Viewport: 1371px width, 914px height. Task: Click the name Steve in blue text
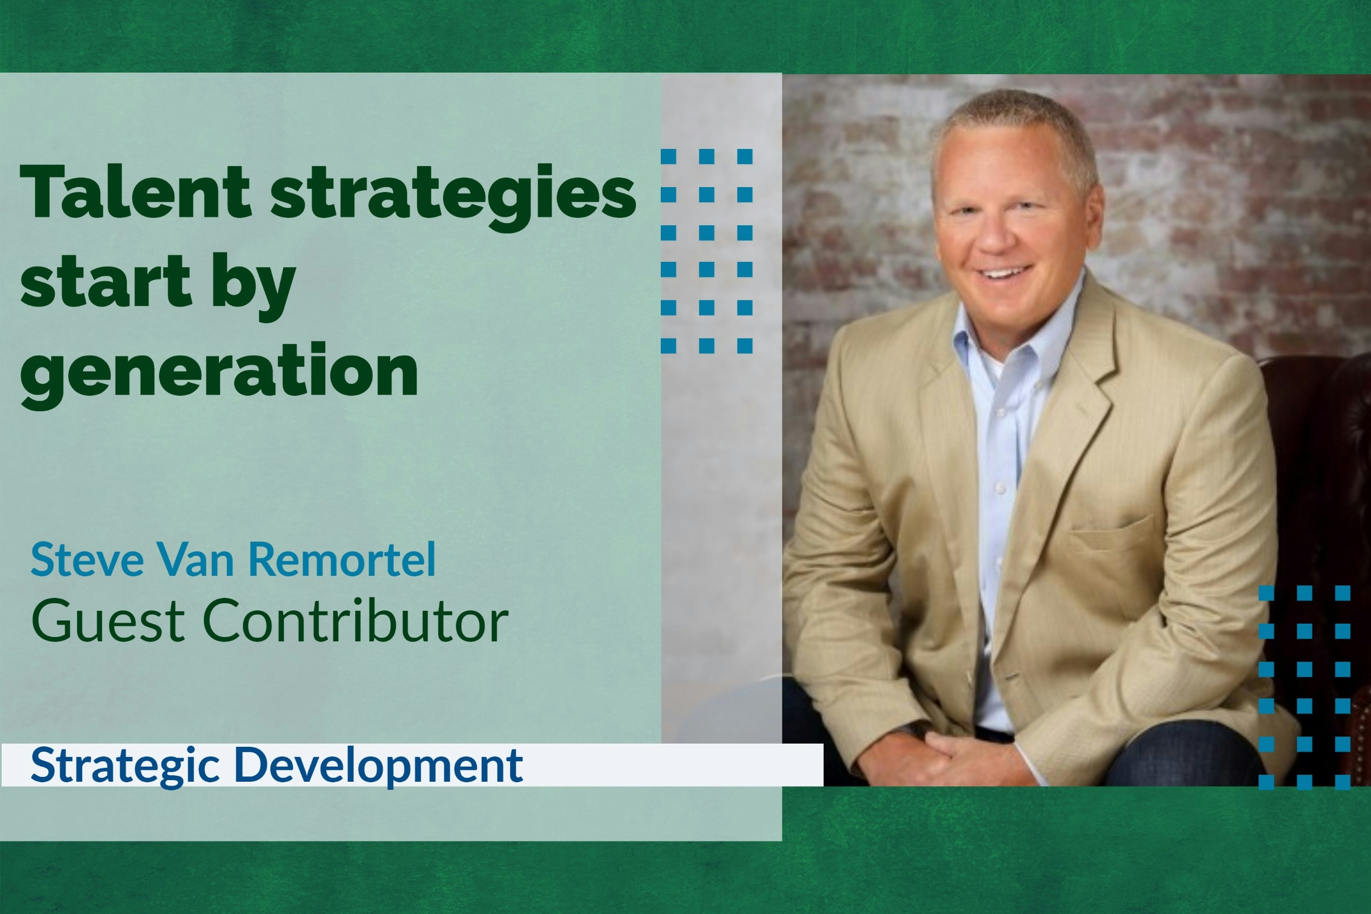87,559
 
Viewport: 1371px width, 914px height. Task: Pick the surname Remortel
342,559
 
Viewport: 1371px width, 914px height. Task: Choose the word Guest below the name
109,621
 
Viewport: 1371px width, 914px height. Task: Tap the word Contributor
355,621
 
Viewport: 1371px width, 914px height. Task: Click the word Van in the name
195,559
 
